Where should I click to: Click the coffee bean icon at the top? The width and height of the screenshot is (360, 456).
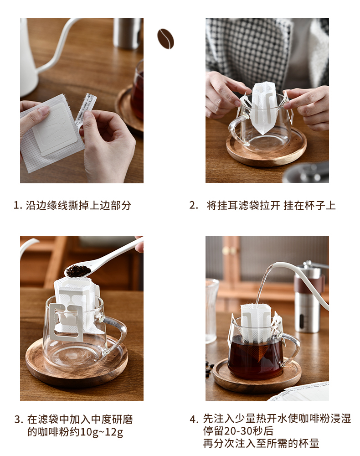[165, 39]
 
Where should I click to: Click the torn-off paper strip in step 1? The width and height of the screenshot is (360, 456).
[86, 109]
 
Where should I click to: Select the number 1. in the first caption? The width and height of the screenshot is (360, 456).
[18, 205]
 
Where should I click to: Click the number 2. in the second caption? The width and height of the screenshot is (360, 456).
[194, 205]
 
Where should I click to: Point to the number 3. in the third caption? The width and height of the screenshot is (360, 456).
[19, 420]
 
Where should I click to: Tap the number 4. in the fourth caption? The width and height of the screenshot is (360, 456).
[194, 419]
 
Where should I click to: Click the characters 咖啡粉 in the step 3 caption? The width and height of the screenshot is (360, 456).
[53, 432]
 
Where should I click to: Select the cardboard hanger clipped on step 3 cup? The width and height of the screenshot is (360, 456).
[66, 321]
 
